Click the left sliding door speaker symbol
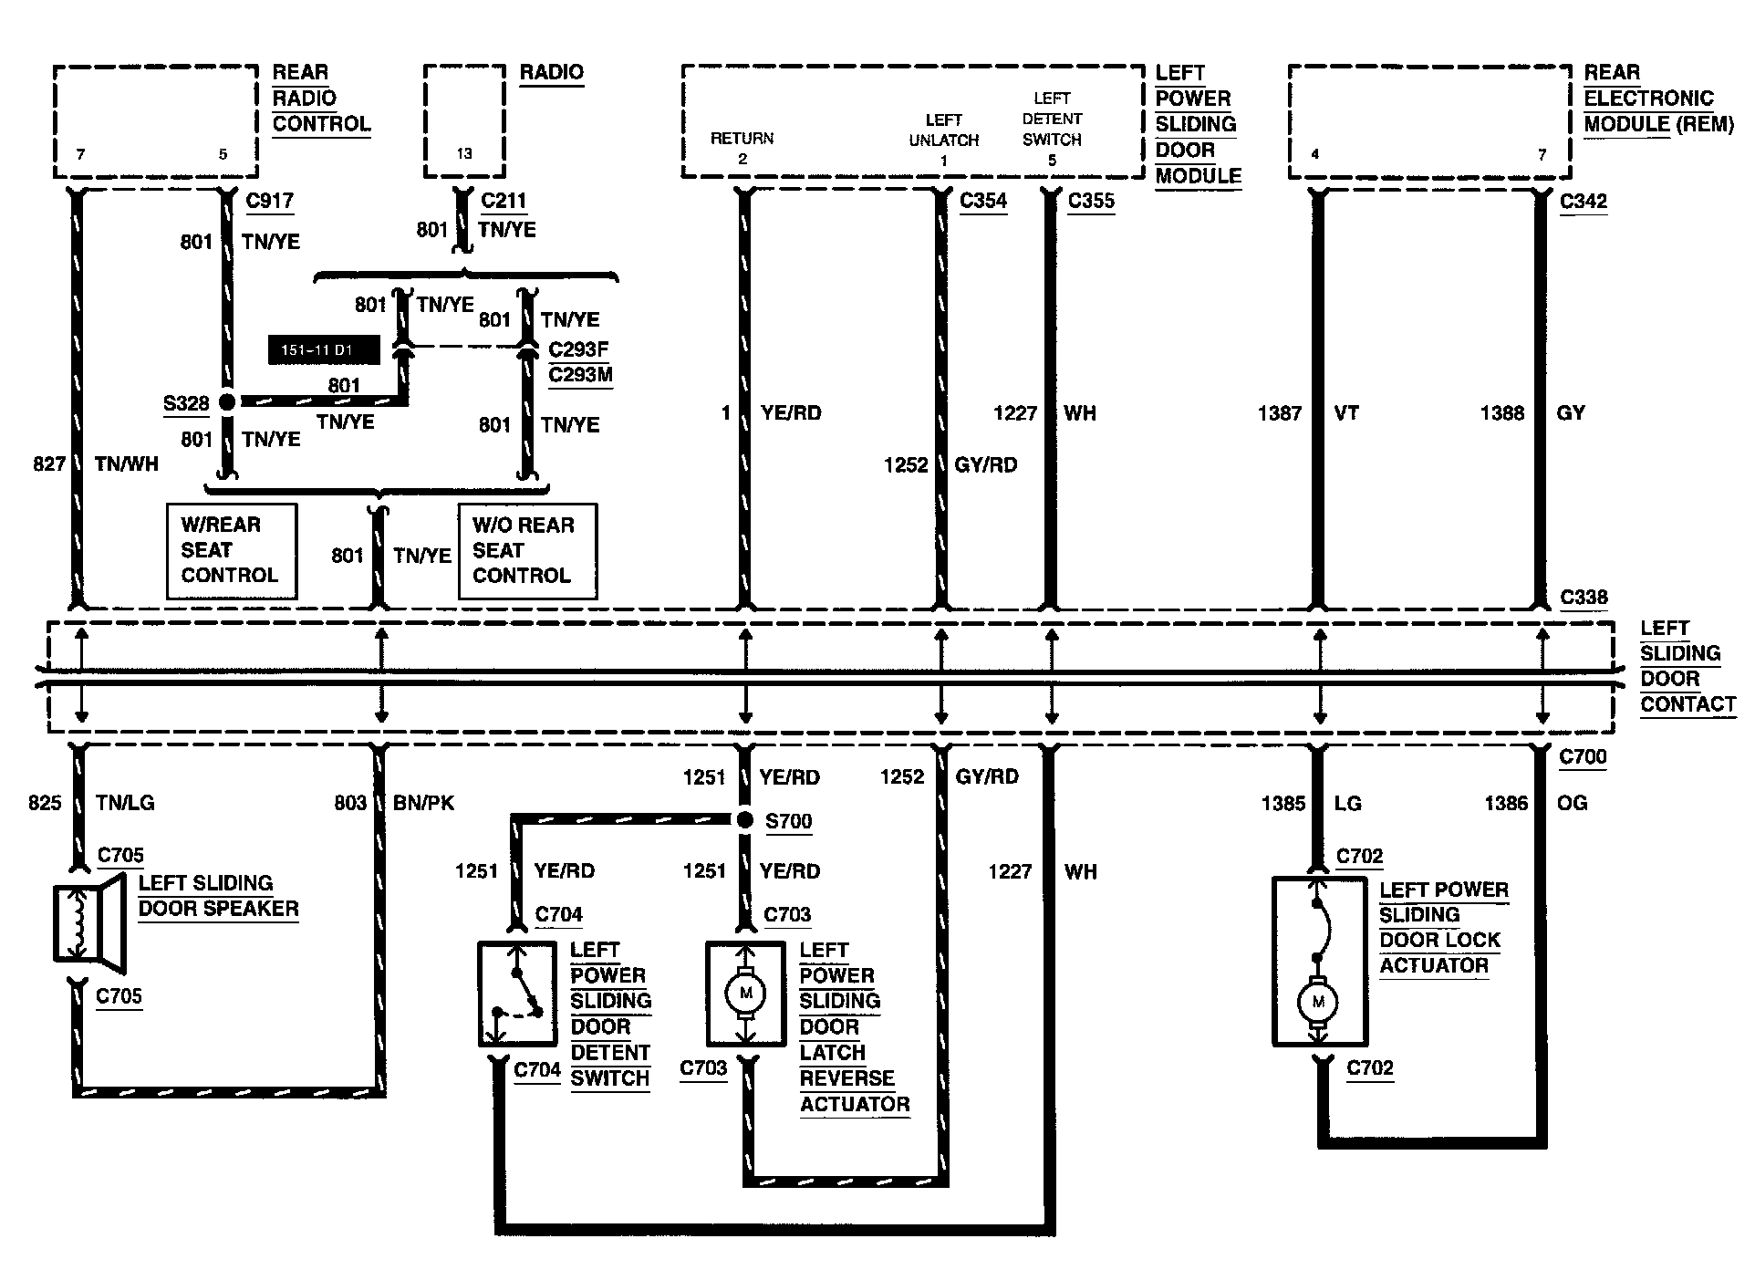click(x=88, y=922)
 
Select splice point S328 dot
click(x=227, y=401)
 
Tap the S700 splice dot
click(x=745, y=820)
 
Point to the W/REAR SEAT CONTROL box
click(x=231, y=550)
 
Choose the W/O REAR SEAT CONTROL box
click(x=527, y=551)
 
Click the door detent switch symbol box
click(x=517, y=994)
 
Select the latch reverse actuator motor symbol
click(x=745, y=994)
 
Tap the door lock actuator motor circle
click(x=1317, y=1003)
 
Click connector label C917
click(x=270, y=201)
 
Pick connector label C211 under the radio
click(x=504, y=201)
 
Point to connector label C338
click(x=1584, y=598)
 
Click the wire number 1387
click(x=1279, y=413)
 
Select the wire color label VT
click(x=1346, y=413)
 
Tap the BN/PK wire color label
click(x=423, y=803)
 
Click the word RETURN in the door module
click(x=742, y=139)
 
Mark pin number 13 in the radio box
click(x=464, y=153)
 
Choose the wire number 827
click(x=49, y=464)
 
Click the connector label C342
click(x=1584, y=201)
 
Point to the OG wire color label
click(x=1573, y=803)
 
